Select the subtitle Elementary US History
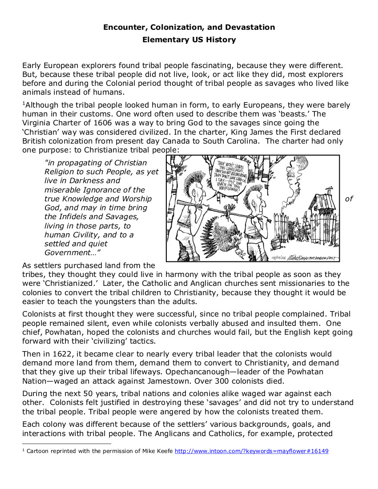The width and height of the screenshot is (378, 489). click(x=189, y=40)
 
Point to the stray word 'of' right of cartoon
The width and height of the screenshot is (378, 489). click(x=349, y=199)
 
